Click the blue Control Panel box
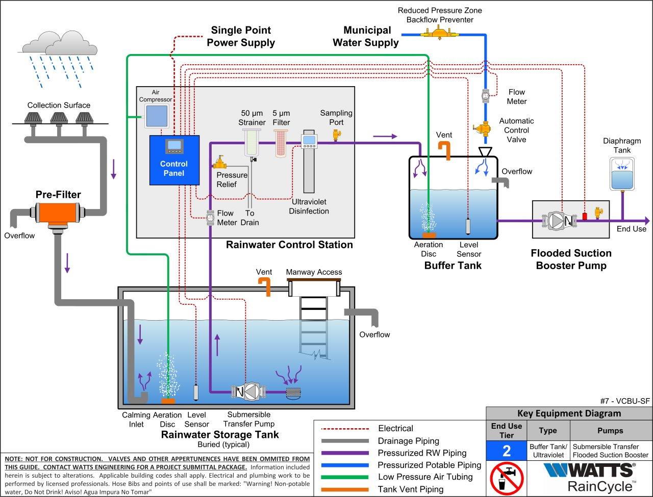click(x=174, y=160)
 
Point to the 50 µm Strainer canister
click(x=253, y=143)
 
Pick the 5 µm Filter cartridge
click(x=282, y=143)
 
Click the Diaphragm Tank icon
click(x=623, y=173)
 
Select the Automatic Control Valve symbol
click(x=483, y=129)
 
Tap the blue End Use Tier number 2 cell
click(x=506, y=451)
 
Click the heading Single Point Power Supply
click(x=240, y=36)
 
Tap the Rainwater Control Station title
click(x=289, y=245)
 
